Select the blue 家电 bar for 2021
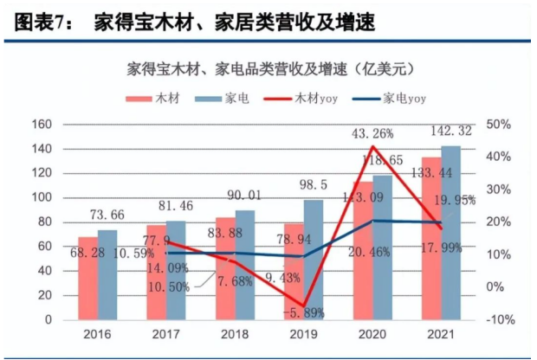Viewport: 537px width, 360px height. tap(450, 234)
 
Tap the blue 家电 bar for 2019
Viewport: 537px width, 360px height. tap(314, 260)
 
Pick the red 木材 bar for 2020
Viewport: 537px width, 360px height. tap(362, 251)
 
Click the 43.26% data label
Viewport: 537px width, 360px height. tap(372, 133)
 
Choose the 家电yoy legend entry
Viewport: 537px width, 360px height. tap(403, 100)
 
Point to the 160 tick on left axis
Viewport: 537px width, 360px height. tap(42, 125)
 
